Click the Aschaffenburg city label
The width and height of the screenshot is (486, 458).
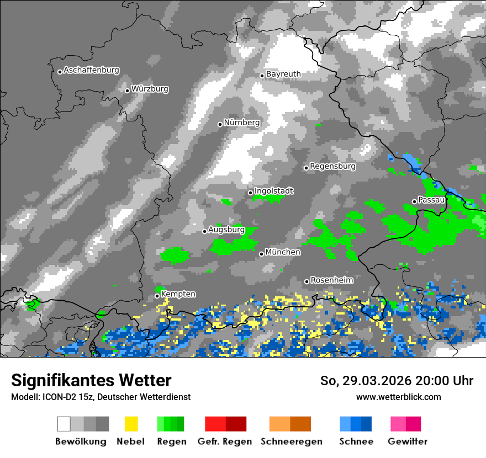coord(91,71)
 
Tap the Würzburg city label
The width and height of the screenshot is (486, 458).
coord(150,89)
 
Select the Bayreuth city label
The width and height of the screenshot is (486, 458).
coord(283,74)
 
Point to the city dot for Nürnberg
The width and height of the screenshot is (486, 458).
coord(220,124)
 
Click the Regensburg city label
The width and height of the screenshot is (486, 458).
coord(332,166)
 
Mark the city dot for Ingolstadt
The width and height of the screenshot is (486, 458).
coord(250,193)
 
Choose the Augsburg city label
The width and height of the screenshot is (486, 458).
coord(226,230)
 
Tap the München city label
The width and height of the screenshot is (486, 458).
coord(283,252)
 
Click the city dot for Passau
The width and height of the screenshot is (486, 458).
coord(414,201)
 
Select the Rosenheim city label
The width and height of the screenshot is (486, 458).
coord(331,280)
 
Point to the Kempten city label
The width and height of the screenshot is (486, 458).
coord(178,295)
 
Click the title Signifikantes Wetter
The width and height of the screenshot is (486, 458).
coord(91,381)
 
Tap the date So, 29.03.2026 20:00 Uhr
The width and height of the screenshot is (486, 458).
coord(397,381)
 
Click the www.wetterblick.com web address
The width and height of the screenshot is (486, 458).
coord(398,397)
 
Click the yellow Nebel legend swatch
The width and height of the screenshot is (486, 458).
coord(130,424)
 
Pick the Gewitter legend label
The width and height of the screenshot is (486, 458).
coord(407,441)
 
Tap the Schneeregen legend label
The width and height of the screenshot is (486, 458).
coord(291,441)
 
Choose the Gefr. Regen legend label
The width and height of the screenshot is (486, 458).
coord(225,441)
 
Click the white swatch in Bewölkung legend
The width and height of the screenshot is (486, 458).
coord(64,424)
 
